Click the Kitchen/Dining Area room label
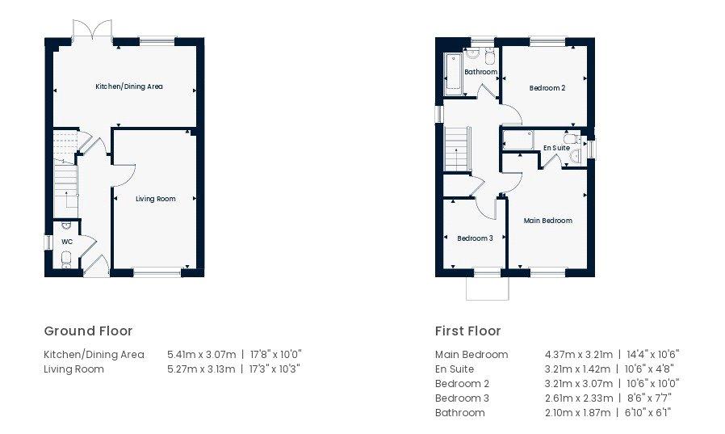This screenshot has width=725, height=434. click(129, 86)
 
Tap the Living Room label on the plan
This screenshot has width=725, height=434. click(155, 199)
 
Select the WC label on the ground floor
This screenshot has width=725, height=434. click(67, 242)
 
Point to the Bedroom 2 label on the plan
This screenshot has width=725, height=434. click(547, 88)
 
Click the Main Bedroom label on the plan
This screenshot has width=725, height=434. click(548, 221)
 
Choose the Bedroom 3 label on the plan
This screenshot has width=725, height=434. click(475, 238)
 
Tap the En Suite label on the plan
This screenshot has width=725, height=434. click(556, 148)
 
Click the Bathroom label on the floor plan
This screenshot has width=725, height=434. click(481, 72)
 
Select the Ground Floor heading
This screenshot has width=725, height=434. click(88, 331)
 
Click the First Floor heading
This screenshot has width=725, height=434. click(468, 331)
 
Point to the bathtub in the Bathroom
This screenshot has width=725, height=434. click(453, 74)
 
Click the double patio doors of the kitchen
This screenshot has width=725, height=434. click(93, 32)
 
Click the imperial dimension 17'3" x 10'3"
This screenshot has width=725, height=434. click(275, 369)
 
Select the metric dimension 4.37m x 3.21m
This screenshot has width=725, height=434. click(579, 355)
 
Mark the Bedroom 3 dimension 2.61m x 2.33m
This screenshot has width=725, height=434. click(579, 398)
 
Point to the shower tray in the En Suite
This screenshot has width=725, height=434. click(518, 140)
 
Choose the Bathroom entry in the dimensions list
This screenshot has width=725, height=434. click(460, 413)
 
